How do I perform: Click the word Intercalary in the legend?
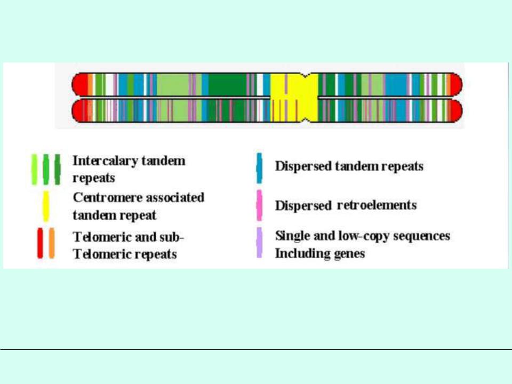click(x=106, y=161)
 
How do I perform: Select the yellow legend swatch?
click(x=46, y=206)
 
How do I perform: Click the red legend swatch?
click(x=40, y=243)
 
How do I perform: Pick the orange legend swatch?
click(x=52, y=243)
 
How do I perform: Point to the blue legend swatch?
click(x=259, y=168)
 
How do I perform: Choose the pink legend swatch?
click(x=259, y=206)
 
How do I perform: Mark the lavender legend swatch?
click(x=259, y=243)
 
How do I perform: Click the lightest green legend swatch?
click(x=34, y=170)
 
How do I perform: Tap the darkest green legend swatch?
click(x=58, y=170)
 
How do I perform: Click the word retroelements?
click(x=377, y=205)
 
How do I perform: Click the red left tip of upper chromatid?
click(x=79, y=85)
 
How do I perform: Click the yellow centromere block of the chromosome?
click(x=294, y=98)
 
